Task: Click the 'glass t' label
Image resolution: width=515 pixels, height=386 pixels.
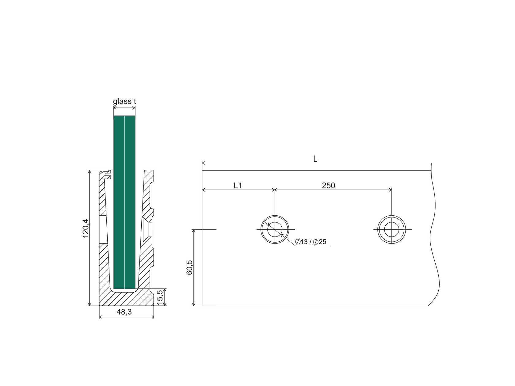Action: (x=124, y=101)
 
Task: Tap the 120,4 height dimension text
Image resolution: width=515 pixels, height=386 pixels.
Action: (x=86, y=229)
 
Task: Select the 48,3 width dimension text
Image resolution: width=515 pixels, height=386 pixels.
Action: (x=124, y=312)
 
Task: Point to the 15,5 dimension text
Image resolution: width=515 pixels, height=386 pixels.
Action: (x=159, y=297)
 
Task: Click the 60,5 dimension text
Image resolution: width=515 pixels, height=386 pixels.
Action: (x=189, y=267)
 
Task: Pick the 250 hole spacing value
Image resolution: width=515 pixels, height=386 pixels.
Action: (x=328, y=186)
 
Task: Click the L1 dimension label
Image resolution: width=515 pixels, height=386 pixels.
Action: (x=238, y=186)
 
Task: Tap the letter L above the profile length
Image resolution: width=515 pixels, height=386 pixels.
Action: (x=315, y=159)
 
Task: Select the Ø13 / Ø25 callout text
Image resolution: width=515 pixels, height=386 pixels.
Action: (x=311, y=242)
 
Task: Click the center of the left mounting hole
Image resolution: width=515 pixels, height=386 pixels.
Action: (x=275, y=229)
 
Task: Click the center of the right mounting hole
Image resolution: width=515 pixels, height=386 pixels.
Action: (x=392, y=229)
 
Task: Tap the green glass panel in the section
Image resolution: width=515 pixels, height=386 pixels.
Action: (x=124, y=202)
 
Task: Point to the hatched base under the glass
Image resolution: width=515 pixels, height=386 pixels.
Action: (x=126, y=299)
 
